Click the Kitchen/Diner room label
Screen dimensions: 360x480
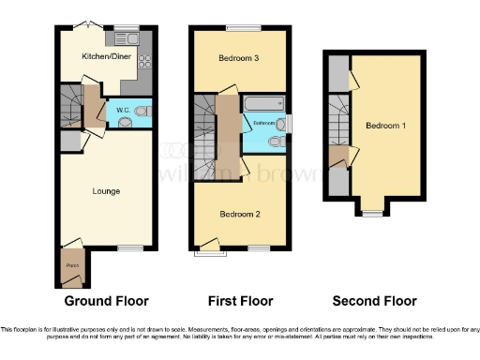coord(105,57)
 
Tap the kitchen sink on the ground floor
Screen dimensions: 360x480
coord(127,39)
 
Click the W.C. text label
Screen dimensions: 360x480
coord(122,111)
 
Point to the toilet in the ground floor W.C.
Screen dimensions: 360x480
coord(142,111)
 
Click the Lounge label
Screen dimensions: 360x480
coord(106,191)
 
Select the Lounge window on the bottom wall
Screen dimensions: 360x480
coord(129,247)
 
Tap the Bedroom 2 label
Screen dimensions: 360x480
coord(238,213)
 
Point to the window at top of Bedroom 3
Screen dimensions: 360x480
coord(249,26)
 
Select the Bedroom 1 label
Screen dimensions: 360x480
coord(385,126)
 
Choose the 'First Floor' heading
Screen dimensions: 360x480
coord(240,301)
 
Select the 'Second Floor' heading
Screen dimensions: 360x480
coord(375,301)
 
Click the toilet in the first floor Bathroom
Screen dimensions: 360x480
coord(275,142)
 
